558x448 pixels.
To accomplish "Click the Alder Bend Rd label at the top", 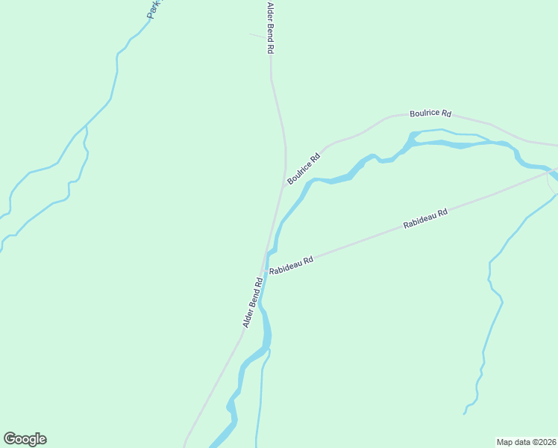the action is click(271, 28).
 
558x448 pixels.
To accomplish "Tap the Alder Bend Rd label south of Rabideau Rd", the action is click(253, 303).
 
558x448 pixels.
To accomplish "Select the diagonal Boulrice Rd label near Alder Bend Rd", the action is click(304, 169).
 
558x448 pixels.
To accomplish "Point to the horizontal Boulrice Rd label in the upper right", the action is click(430, 113).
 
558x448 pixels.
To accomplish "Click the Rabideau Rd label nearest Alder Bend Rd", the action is click(291, 265).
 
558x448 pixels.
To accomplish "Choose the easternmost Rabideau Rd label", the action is click(425, 219).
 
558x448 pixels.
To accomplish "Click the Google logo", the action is click(25, 439).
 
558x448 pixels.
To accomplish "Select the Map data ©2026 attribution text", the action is click(527, 441).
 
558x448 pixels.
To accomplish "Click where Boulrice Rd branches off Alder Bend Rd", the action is click(283, 187).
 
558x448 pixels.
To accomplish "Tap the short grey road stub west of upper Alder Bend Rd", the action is click(256, 35).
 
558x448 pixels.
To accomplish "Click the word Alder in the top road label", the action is click(271, 13).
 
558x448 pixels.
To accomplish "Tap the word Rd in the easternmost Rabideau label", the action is click(442, 213).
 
